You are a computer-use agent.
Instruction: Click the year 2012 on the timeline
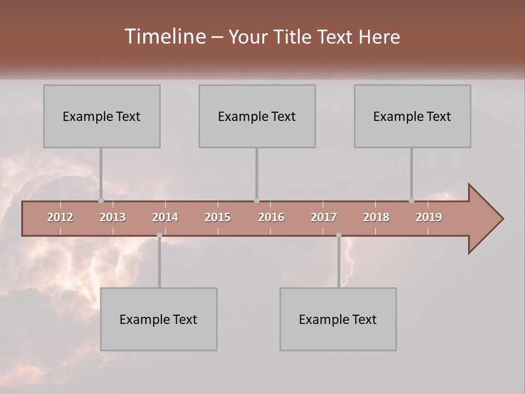60,217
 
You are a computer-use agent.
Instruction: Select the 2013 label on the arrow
113,217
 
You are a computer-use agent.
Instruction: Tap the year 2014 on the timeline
165,217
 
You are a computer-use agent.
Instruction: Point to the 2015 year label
218,217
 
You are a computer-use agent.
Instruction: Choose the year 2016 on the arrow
271,217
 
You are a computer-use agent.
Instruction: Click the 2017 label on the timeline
324,217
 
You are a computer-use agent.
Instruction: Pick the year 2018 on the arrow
376,217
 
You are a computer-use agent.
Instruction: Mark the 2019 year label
429,217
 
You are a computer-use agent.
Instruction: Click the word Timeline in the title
165,37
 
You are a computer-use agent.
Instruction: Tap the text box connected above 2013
102,116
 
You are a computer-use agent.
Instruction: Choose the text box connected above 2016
257,116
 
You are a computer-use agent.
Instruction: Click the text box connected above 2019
412,116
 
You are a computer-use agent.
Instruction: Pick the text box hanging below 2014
159,319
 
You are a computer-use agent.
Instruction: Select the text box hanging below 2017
338,319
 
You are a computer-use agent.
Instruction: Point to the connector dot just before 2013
101,201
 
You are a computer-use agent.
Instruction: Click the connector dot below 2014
159,235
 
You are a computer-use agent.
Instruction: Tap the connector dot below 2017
339,235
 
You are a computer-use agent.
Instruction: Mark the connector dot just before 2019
411,201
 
